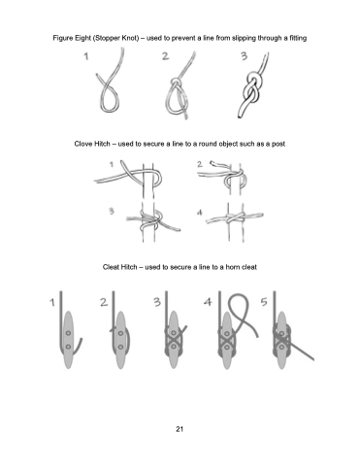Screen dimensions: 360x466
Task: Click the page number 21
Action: tap(180, 429)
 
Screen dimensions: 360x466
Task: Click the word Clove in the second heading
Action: tap(83, 144)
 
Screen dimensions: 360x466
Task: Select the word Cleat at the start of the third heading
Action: tap(112, 267)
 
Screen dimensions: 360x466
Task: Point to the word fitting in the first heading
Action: tap(298, 38)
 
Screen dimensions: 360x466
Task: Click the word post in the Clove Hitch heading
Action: tap(278, 144)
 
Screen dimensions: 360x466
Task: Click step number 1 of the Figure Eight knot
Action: tap(85, 56)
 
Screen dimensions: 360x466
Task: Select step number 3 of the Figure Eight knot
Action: tap(244, 56)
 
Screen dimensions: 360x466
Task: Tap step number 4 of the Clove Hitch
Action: tap(200, 213)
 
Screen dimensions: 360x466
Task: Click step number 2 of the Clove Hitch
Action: tap(200, 164)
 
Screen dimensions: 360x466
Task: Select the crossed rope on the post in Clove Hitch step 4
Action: tap(236, 218)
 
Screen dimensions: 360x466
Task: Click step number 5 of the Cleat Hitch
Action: tap(264, 302)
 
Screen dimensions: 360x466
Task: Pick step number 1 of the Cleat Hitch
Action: tap(52, 303)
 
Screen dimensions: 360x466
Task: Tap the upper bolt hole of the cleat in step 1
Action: tap(68, 333)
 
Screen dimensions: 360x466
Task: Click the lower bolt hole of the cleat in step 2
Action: tap(120, 347)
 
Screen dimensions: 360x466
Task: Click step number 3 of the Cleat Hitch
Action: tap(157, 302)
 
